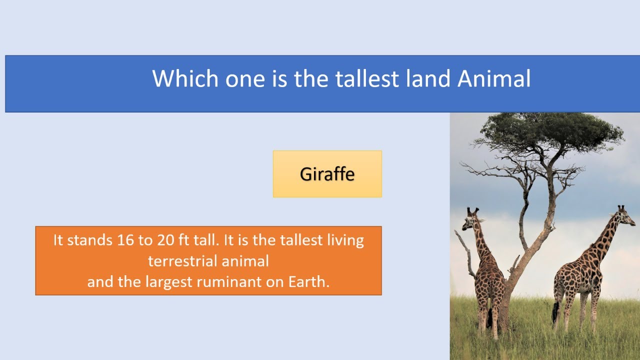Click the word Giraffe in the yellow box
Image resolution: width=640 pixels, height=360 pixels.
coord(327,174)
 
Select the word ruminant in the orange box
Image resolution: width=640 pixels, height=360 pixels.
coord(224,281)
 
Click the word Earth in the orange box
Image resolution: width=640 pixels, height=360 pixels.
coord(308,281)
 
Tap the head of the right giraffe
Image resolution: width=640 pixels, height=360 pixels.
coord(624,215)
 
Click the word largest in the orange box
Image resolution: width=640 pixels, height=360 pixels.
coord(169,281)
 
